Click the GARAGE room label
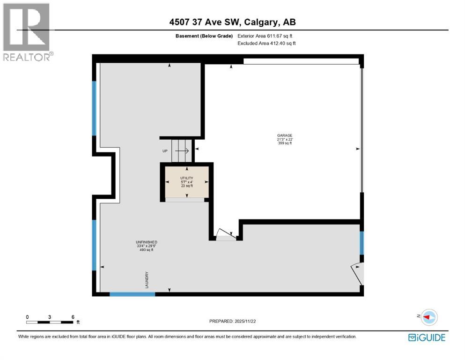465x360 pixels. point(284,135)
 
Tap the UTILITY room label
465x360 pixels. point(187,178)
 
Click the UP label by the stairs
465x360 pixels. point(165,151)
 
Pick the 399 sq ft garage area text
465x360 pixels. point(284,143)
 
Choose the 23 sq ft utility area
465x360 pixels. point(187,186)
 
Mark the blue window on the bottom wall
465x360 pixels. point(132,294)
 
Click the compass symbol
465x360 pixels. point(428,317)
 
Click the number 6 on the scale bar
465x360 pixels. point(73,317)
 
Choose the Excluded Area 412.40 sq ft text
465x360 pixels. point(266,43)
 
